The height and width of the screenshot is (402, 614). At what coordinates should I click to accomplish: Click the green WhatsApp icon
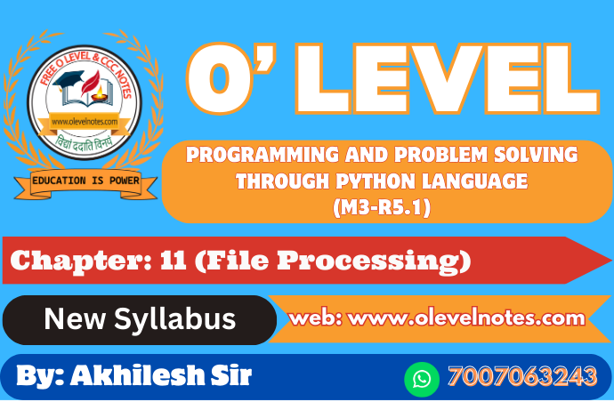tap(422, 379)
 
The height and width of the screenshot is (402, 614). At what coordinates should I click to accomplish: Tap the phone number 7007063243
tap(522, 376)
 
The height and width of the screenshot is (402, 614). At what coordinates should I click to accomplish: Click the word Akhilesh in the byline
tap(137, 375)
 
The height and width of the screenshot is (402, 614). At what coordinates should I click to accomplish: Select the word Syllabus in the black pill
tap(175, 319)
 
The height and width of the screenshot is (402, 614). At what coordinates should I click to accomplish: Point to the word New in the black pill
tap(75, 318)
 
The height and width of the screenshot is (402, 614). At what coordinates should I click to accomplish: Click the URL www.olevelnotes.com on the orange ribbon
tap(466, 318)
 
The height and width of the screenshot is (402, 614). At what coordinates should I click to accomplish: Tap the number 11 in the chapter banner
tap(174, 260)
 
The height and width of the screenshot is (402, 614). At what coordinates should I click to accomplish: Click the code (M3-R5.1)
tap(382, 207)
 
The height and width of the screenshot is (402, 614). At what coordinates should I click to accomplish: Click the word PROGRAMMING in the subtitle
tap(263, 155)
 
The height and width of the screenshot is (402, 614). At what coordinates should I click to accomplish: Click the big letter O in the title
tap(222, 78)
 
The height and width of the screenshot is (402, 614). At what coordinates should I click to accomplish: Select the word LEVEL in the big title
tap(448, 79)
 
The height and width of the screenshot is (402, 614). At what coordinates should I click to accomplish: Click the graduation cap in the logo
tap(69, 80)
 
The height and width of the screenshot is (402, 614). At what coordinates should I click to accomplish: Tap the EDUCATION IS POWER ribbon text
tap(85, 181)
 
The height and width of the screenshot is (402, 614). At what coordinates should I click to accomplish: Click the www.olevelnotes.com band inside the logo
tap(85, 122)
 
